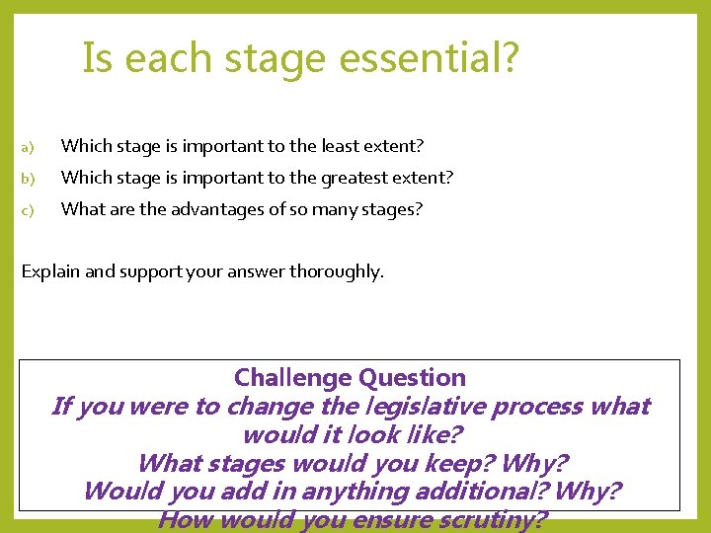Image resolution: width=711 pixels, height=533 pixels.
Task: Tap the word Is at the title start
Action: click(97, 58)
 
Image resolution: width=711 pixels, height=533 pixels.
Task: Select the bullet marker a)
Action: click(28, 148)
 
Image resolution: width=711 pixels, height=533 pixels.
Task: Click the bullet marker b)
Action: click(28, 179)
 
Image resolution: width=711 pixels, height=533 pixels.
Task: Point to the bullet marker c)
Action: click(28, 210)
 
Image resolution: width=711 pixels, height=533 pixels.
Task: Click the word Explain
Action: click(50, 271)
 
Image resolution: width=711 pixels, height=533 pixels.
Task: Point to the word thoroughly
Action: click(336, 271)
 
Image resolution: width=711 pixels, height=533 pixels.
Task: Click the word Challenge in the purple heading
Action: click(293, 378)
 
